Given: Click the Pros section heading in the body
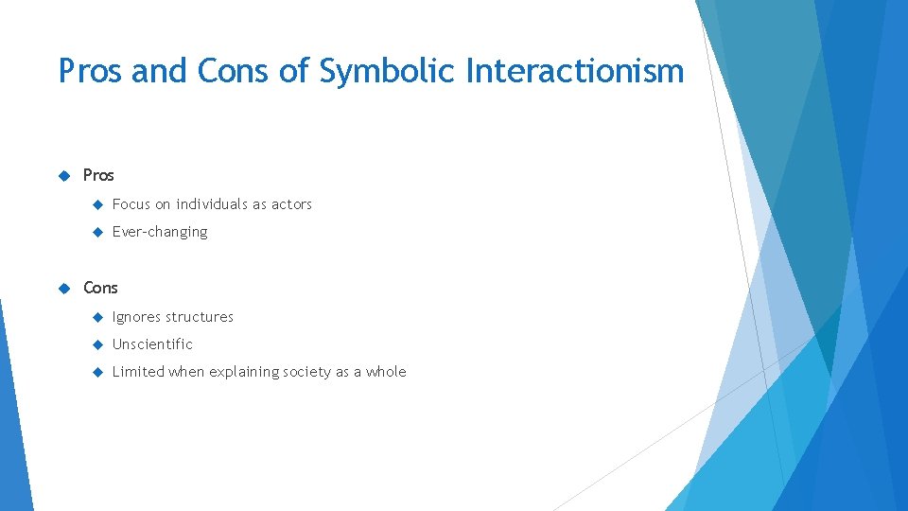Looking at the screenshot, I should [98, 175].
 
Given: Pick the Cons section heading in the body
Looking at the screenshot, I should [101, 288].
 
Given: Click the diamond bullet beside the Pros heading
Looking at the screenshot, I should [64, 175].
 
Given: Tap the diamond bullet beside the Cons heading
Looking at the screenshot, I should [64, 288].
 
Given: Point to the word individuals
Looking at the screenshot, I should [212, 204].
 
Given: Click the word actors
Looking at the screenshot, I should [291, 204].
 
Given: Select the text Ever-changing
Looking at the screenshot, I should [159, 232].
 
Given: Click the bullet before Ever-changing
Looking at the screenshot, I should [95, 232].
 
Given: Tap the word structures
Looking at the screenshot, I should [200, 317].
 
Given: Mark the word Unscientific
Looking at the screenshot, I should [152, 344].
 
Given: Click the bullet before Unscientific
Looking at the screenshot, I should [95, 344].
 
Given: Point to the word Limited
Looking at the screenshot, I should [137, 372].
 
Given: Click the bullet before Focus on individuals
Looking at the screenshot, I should [95, 204].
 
